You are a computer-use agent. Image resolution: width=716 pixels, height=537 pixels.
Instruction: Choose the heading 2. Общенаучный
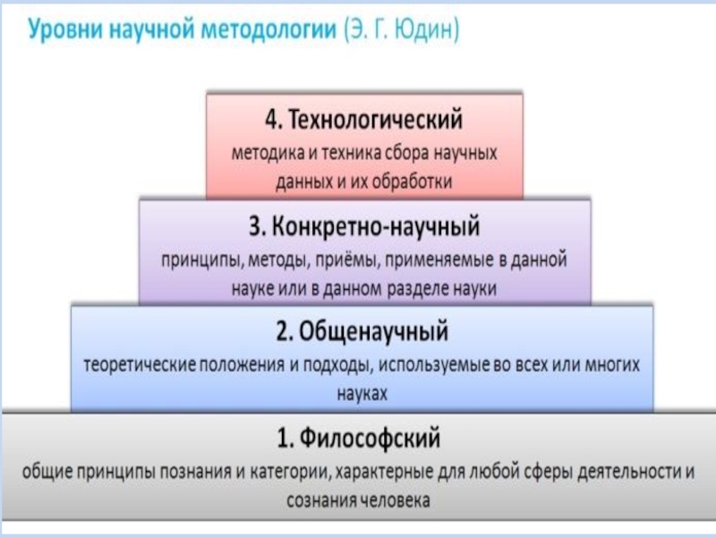361,333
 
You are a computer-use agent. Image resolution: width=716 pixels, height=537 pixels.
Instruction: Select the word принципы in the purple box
196,260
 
